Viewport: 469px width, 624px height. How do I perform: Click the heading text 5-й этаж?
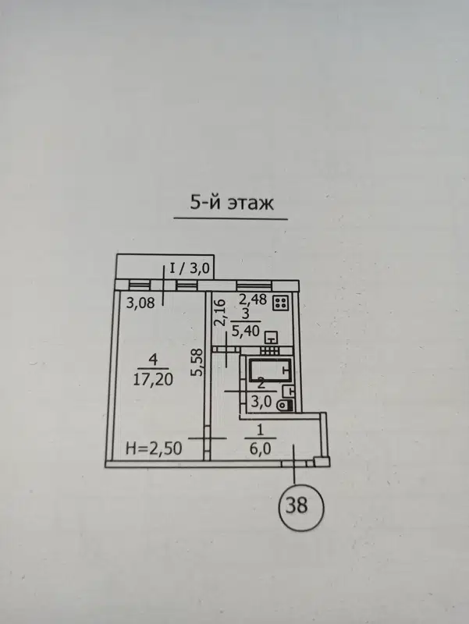232,203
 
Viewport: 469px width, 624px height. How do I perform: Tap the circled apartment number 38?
297,506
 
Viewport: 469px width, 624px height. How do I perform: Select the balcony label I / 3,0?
190,268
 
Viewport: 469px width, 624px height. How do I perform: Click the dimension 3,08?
140,303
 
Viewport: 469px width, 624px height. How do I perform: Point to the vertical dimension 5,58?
198,362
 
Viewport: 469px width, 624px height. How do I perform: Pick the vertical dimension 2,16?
220,313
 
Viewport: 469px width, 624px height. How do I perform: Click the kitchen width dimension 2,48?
253,299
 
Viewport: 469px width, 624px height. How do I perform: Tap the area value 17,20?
153,379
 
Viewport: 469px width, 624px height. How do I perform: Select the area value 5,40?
246,330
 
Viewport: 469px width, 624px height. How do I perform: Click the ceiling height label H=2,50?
154,448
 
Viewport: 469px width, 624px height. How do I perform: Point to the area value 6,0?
261,449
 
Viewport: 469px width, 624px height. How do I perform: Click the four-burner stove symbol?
282,303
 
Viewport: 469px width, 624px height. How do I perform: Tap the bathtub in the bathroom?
269,370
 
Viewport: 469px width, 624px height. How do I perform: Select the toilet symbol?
286,406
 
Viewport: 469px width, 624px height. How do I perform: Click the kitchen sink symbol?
272,338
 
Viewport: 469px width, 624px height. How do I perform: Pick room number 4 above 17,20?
153,360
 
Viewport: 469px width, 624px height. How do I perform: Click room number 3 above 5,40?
245,314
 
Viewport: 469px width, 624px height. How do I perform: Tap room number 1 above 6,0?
261,430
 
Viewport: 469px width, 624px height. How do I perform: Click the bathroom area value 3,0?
261,402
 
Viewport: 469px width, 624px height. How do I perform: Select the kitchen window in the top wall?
254,285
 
